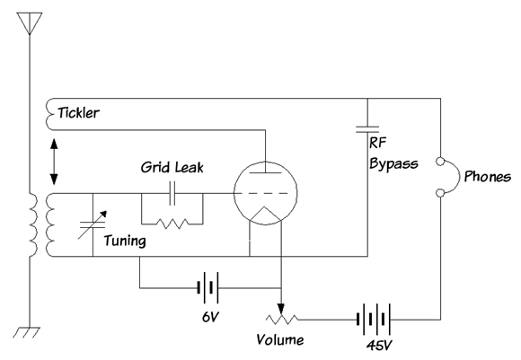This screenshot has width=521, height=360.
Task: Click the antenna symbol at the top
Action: point(30,22)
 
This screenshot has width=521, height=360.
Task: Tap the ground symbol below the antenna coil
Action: point(26,332)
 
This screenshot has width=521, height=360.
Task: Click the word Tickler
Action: point(78,113)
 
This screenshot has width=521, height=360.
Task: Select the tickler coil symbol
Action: point(49,114)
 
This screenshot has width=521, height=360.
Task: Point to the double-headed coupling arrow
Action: point(54,162)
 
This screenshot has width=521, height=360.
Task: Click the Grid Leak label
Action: point(172,167)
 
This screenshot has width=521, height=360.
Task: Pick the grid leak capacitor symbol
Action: point(172,193)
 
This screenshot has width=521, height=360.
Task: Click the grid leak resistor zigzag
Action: point(172,224)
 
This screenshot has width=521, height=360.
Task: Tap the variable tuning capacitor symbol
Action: point(93,224)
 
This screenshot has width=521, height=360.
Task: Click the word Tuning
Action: point(125,241)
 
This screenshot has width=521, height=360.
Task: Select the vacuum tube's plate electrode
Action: point(265,172)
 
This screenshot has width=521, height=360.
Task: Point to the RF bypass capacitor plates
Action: point(367,129)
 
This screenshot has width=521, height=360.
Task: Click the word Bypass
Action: point(393,163)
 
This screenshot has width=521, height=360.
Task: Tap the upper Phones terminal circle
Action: point(440,162)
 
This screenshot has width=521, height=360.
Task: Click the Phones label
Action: point(488,176)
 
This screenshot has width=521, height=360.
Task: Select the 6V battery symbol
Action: point(208,287)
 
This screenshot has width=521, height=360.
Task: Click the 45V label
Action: point(379,346)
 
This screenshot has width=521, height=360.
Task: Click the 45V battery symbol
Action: point(373,319)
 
